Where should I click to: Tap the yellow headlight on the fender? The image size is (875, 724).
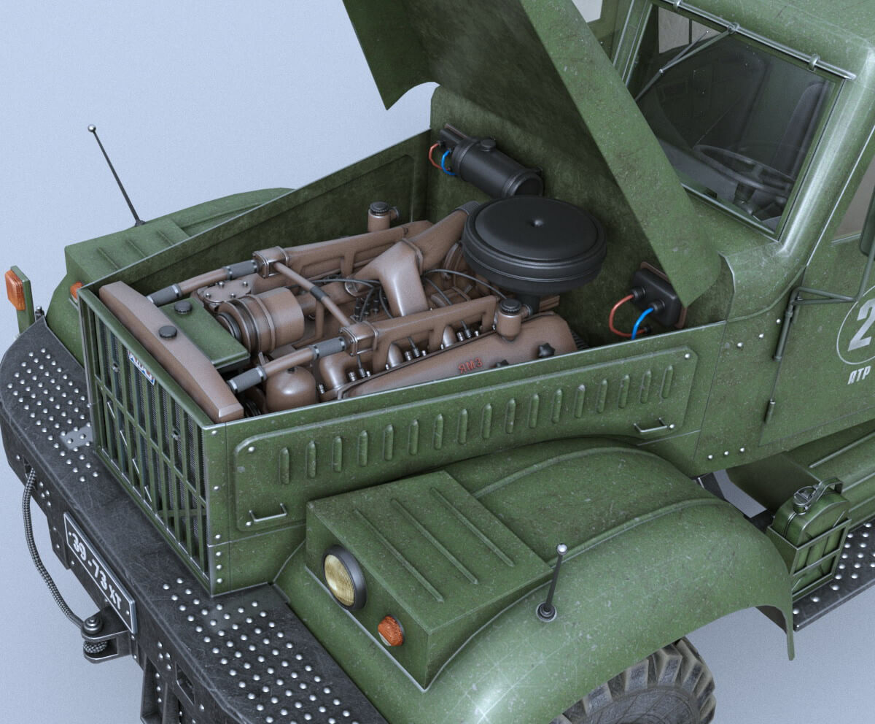click(x=343, y=577)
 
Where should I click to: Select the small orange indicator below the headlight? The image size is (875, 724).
click(x=391, y=631)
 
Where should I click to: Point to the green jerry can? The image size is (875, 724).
click(x=809, y=534)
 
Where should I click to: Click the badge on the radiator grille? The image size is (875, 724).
click(x=141, y=366)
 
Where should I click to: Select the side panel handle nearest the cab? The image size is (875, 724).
click(x=651, y=425)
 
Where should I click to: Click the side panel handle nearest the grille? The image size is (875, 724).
click(x=267, y=516)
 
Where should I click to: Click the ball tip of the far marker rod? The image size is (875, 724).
click(x=92, y=128)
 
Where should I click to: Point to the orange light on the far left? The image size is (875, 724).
click(x=15, y=289)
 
